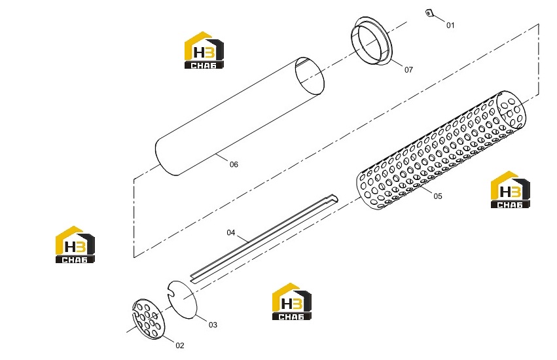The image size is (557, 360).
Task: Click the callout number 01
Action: coord(450,26)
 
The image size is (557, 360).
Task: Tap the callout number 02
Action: coord(180,346)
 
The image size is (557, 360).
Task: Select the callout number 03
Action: coord(213,325)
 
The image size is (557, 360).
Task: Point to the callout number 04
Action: coord(231,232)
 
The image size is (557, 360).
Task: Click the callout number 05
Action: coord(438,196)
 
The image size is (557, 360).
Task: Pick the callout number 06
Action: coord(234,164)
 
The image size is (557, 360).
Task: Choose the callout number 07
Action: coord(408,70)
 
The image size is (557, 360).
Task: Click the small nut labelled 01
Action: coord(429,13)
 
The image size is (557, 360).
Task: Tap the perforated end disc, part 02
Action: coord(148,319)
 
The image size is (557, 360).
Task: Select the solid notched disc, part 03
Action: coord(182,299)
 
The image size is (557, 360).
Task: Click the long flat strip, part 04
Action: coord(264,238)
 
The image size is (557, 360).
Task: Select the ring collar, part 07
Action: coord(371,41)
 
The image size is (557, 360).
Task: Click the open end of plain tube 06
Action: coord(310,76)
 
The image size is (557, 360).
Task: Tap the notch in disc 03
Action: coord(171,293)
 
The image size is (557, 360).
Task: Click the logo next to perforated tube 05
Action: coord(510,189)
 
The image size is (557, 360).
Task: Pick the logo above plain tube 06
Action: coord(204,50)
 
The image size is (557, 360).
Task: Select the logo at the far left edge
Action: coord(75,245)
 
